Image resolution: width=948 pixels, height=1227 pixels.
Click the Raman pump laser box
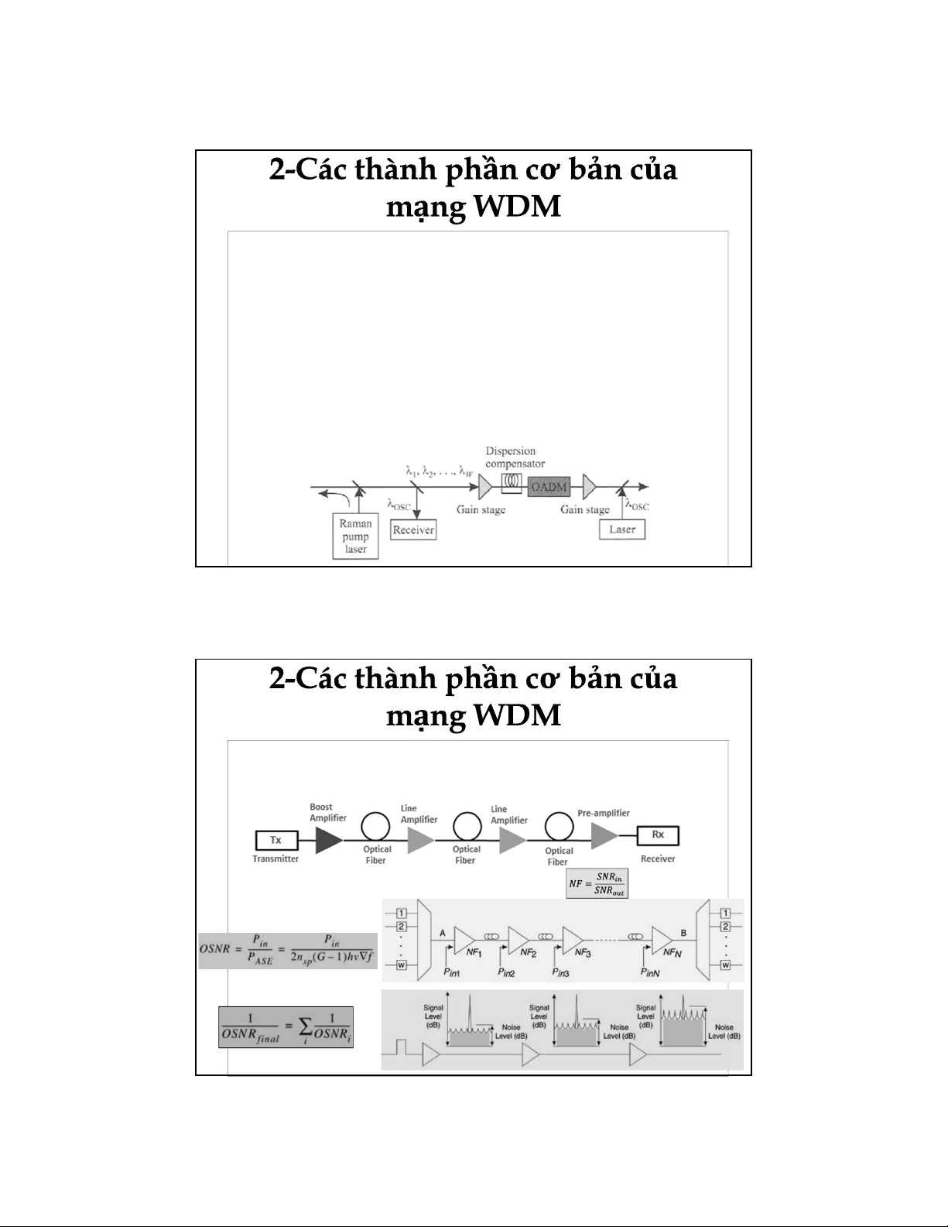(355, 536)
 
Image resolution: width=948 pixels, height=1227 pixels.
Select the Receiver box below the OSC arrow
(412, 530)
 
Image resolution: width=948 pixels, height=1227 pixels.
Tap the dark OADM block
(548, 487)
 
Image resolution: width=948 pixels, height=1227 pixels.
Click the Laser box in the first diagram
(622, 530)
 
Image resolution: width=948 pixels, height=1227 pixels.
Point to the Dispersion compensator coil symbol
(510, 482)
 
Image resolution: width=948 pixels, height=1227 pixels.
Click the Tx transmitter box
(275, 840)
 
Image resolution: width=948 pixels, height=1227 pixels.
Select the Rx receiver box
(657, 836)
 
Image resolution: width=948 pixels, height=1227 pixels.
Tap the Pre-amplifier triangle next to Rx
(604, 836)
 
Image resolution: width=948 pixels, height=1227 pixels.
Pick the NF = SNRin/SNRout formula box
(597, 883)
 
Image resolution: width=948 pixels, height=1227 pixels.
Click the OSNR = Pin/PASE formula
(288, 950)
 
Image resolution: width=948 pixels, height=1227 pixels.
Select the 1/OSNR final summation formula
(286, 1026)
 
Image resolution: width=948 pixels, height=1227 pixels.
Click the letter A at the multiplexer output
(442, 933)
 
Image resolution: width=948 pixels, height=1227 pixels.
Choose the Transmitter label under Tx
(275, 859)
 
